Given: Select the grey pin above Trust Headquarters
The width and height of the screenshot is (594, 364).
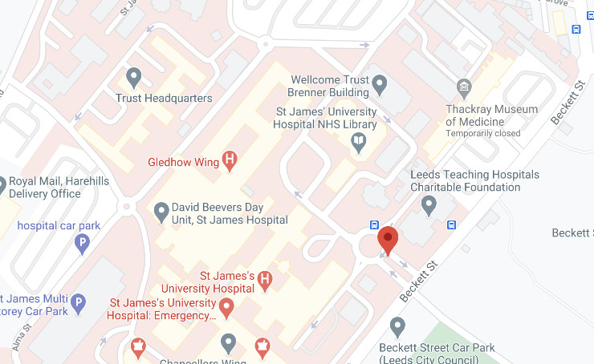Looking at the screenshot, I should click(x=134, y=77).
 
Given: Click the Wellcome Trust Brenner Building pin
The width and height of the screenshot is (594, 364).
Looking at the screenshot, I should click(x=380, y=83).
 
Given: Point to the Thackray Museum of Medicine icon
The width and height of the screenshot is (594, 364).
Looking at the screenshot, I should click(x=462, y=87).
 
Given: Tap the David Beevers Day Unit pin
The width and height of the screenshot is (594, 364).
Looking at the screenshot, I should click(x=161, y=212).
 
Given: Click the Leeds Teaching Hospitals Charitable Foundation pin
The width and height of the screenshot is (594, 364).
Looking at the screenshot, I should click(x=429, y=206).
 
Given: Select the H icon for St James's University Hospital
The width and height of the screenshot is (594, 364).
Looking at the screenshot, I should click(x=266, y=281).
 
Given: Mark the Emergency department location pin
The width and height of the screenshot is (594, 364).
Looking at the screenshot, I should click(x=226, y=306).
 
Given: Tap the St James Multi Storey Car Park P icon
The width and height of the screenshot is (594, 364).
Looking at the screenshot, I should click(x=78, y=304).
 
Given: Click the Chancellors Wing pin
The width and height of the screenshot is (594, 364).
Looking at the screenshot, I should click(x=229, y=343).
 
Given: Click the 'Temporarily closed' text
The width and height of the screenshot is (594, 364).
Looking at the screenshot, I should click(x=482, y=133).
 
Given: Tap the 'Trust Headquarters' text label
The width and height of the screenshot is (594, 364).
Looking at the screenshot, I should click(x=164, y=99).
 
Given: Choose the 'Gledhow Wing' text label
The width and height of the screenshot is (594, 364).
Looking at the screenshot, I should click(x=184, y=162).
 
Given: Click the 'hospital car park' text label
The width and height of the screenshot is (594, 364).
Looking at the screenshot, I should click(x=59, y=225).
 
